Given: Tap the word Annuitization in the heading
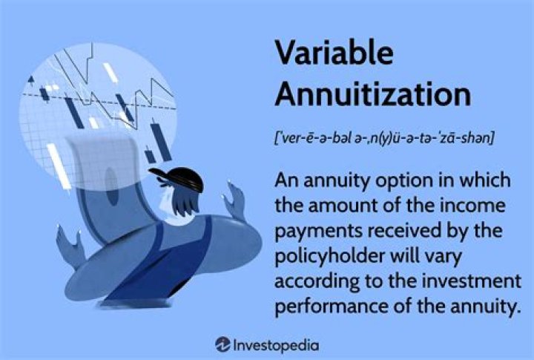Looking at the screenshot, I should click(x=372, y=94).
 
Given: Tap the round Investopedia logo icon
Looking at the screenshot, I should click(x=222, y=344).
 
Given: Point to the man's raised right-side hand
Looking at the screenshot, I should click(x=235, y=199).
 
